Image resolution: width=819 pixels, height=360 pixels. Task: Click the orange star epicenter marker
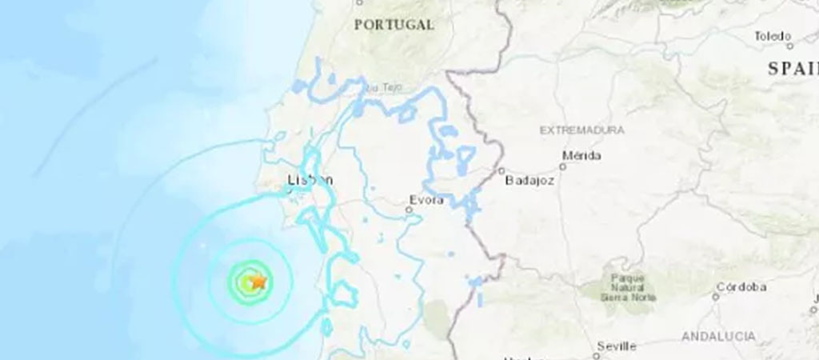(x=258, y=281)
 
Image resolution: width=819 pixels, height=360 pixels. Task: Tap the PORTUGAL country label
(x=394, y=25)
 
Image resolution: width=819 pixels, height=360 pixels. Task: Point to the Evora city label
(x=425, y=200)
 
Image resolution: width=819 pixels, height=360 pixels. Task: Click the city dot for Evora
(x=409, y=210)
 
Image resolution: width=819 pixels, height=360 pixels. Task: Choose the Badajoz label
(x=529, y=181)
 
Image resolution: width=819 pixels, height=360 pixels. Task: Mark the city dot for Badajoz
(x=501, y=170)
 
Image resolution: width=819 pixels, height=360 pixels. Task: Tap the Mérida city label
(x=581, y=155)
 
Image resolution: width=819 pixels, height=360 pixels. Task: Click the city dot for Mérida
(x=562, y=166)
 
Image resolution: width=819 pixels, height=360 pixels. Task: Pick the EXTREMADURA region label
(x=582, y=129)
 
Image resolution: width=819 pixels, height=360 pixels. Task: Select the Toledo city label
(x=773, y=36)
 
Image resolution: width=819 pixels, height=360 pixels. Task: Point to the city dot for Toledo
(x=789, y=45)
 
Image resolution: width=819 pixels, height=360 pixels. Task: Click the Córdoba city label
(x=741, y=286)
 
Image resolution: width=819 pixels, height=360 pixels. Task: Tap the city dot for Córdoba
(x=716, y=297)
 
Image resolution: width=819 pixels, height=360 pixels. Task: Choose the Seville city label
(x=617, y=346)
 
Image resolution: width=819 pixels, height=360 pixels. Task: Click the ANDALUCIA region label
(x=719, y=337)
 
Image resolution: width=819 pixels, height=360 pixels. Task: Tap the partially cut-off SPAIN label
(x=793, y=69)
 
